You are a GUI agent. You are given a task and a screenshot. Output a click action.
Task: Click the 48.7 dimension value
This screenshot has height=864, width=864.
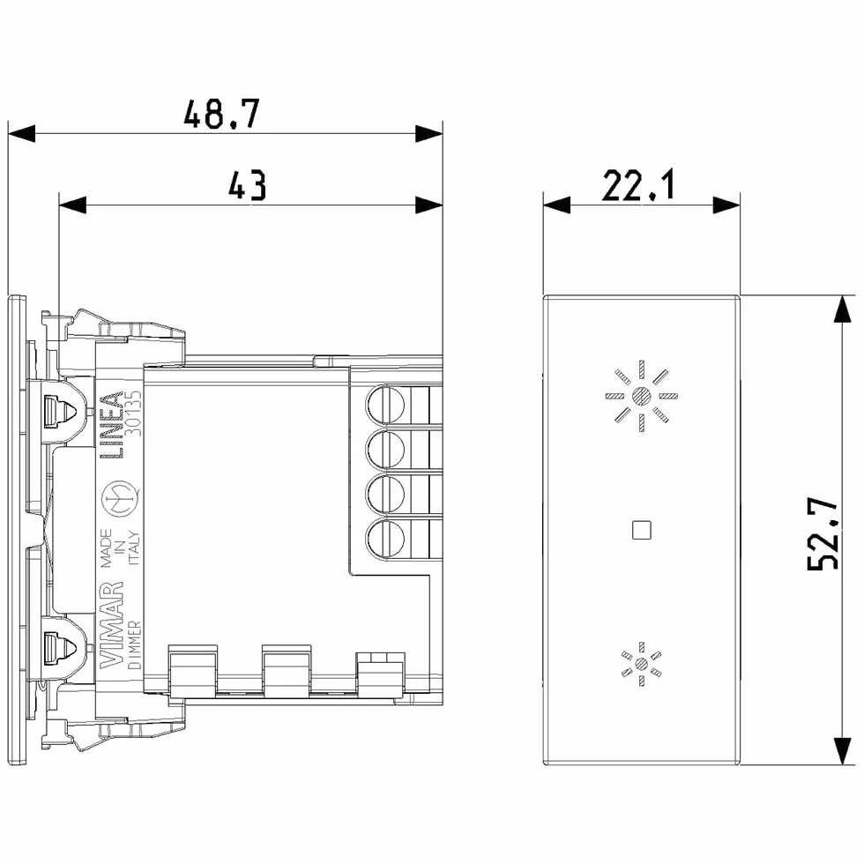pos(221,114)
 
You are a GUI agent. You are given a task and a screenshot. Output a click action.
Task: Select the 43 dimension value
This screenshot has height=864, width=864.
pos(248,185)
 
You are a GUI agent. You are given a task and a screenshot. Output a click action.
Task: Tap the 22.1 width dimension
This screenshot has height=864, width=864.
pos(638,185)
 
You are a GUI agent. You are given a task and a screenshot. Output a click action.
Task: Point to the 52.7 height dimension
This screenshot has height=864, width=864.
pos(823,533)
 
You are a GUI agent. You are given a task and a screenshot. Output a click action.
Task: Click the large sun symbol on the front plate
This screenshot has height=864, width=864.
pos(642,396)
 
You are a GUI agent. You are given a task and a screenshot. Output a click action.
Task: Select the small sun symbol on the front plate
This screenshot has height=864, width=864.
pos(642,664)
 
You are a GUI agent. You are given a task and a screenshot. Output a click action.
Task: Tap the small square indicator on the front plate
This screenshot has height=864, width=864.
pos(642,530)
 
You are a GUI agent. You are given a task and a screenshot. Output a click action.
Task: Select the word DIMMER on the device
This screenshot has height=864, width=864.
pos(134,644)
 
